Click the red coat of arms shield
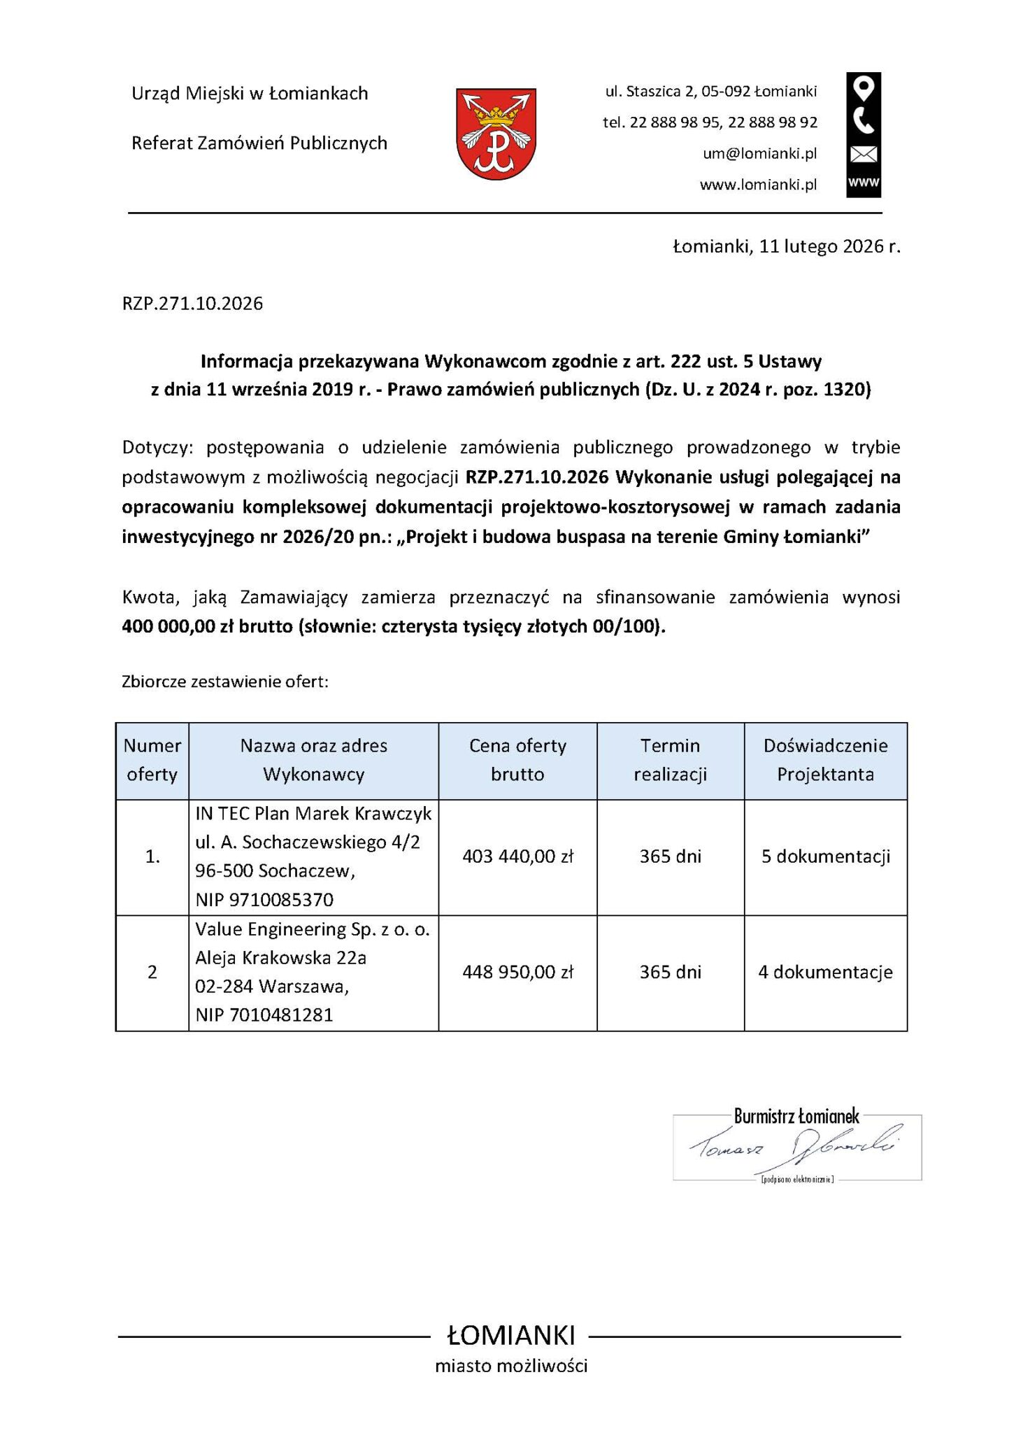pos(496,133)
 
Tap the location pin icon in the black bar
pos(864,90)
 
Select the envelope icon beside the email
pos(864,154)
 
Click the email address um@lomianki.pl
pos(759,154)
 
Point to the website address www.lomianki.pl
pos(758,185)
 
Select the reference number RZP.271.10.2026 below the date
pos(193,304)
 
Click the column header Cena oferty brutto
pos(517,760)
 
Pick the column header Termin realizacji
pos(670,760)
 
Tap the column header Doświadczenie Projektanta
pos(825,760)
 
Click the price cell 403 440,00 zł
pos(517,856)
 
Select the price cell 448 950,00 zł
pos(517,972)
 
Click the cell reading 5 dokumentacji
pos(825,856)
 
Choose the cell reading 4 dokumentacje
pos(825,972)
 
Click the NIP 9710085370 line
pos(264,899)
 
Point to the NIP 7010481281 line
pos(264,1015)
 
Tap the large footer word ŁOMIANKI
pos(511,1336)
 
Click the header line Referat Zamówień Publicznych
pos(259,143)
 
